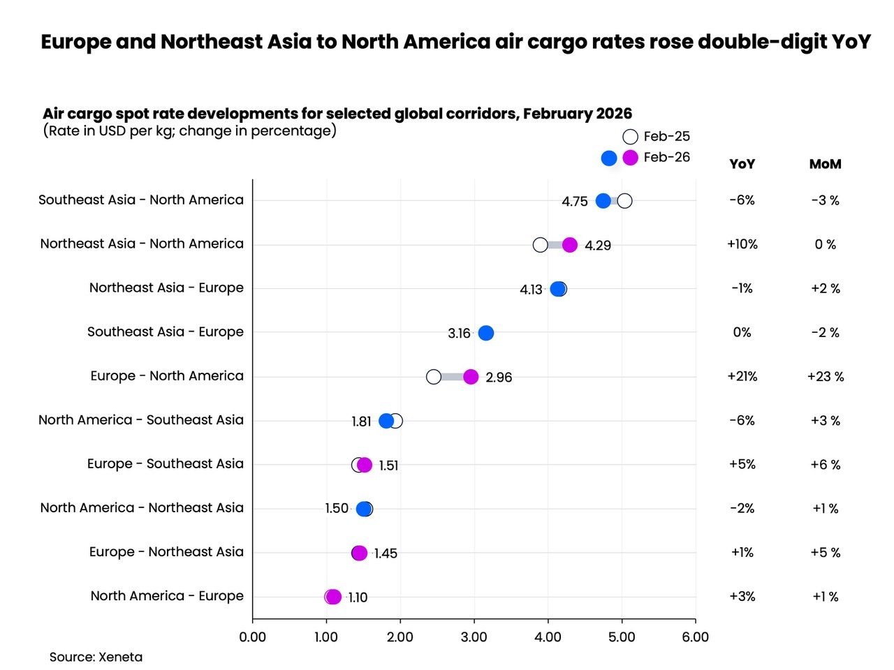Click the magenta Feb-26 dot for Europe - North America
pos(471,377)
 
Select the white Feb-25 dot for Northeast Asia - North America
pos(540,245)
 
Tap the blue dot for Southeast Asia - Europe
pos(486,333)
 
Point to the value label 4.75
pos(575,202)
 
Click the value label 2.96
pos(499,378)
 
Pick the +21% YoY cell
pos(742,376)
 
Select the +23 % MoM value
pos(825,376)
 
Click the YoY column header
pos(742,164)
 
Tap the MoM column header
pos(825,164)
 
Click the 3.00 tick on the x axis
pos(474,636)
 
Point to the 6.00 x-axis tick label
pos(695,636)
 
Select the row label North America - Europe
pos(167,595)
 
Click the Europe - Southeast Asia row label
pos(166,463)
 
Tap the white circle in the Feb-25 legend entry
pos(630,137)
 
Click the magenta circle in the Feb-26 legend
pos(630,158)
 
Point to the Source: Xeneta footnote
pos(96,657)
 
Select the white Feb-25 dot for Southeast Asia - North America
pos(624,201)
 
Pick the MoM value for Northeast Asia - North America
pos(825,244)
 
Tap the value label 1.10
pos(358,597)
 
